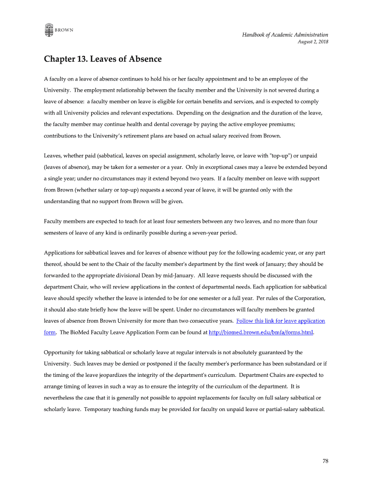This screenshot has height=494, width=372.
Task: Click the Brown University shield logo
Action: (48, 30)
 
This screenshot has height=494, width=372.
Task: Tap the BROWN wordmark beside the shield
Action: (64, 30)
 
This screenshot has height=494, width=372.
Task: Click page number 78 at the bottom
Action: (326, 461)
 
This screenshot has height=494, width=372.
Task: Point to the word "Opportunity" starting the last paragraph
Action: (60, 352)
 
